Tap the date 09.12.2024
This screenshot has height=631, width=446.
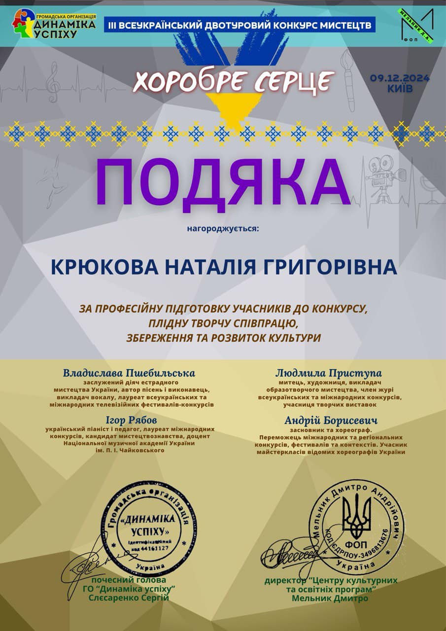400,78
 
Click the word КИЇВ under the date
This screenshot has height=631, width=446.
400,89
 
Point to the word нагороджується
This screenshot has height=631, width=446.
223,229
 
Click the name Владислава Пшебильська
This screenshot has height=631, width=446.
129,373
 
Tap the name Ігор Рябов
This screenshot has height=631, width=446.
131,420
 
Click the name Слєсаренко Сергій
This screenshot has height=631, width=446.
129,598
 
